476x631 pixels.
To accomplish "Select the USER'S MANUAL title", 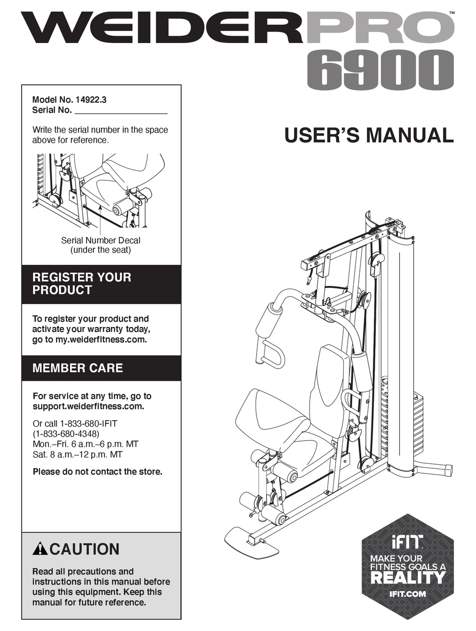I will pos(369,136).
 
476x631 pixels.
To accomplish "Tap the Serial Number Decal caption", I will pos(101,240).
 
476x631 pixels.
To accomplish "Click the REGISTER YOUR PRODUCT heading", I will pos(82,283).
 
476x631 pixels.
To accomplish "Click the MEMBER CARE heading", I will pos(77,368).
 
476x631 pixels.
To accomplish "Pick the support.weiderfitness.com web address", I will pos(88,406).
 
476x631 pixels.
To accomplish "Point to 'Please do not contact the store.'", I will pos(97,471).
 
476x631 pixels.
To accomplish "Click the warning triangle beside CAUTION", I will pos(40,549).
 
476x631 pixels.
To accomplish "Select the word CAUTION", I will pos(85,549).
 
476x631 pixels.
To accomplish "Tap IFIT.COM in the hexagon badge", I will pos(407,594).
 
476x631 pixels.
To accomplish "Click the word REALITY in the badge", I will pos(407,577).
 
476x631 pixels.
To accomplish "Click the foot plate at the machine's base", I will pos(251,543).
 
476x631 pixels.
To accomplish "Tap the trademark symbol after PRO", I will pos(452,13).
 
